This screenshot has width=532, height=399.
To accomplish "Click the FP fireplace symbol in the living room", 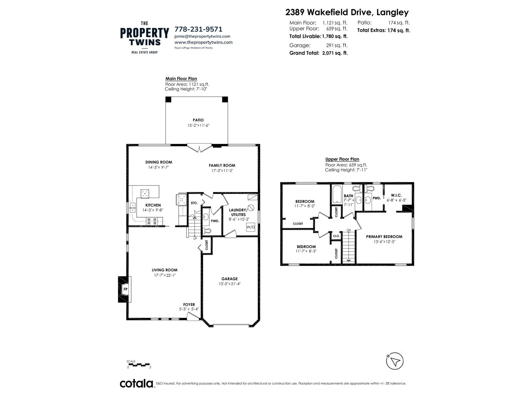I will [x=125, y=289].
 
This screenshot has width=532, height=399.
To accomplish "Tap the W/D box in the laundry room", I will [x=250, y=227].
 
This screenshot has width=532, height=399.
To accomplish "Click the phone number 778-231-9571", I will [x=199, y=29].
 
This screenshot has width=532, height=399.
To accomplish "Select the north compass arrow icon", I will [x=395, y=361].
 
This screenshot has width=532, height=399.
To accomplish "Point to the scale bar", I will [x=139, y=364].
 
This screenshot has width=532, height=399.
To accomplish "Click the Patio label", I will [x=198, y=120].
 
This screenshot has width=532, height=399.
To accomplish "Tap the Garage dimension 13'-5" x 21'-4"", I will [x=229, y=284].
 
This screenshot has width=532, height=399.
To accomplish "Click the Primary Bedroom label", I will [x=384, y=237].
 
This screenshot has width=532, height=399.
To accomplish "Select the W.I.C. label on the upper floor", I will [x=396, y=196].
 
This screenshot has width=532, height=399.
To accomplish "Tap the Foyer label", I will [x=189, y=305].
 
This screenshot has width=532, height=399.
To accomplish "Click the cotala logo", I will [x=136, y=383].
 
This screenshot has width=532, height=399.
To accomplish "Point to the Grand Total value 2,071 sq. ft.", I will [x=335, y=53].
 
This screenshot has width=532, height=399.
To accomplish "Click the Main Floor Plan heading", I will [x=181, y=79].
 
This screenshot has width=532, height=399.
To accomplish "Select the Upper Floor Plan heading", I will [x=342, y=159].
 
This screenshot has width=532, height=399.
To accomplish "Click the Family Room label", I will [x=222, y=165].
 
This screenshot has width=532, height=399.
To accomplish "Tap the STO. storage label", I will [x=194, y=203].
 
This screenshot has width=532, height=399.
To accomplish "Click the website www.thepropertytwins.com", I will [x=203, y=42].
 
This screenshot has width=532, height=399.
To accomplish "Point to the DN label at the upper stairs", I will [x=349, y=230].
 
